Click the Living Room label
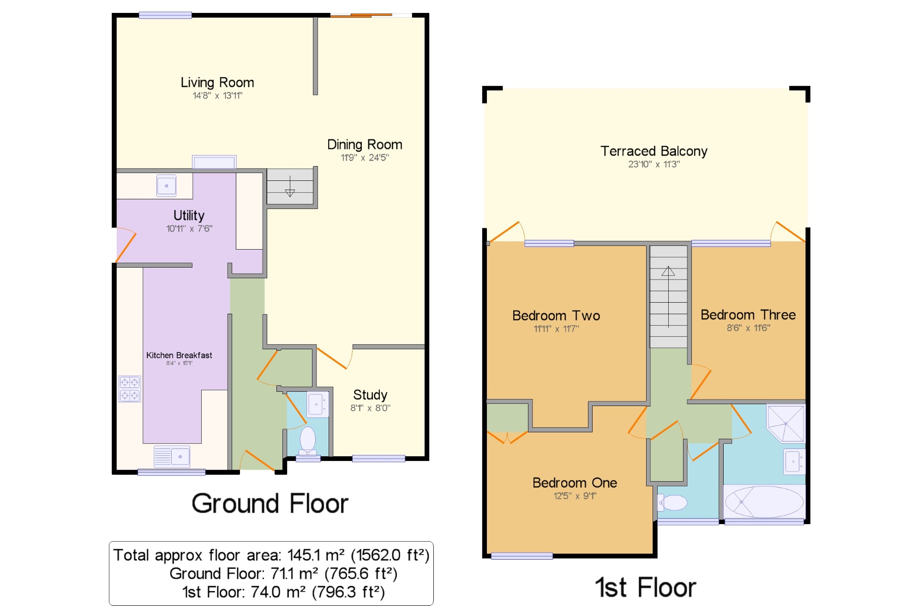pyautogui.click(x=217, y=83)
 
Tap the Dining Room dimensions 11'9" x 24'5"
pyautogui.click(x=365, y=158)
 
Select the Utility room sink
pyautogui.click(x=166, y=185)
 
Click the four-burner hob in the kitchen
pyautogui.click(x=130, y=389)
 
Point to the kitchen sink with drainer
pyautogui.click(x=172, y=457)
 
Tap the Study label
pyautogui.click(x=370, y=395)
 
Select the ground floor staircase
pyautogui.click(x=290, y=187)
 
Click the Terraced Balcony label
pyautogui.click(x=654, y=151)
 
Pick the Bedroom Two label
pyautogui.click(x=556, y=316)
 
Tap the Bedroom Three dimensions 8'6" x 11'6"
pyautogui.click(x=748, y=328)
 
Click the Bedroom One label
pyautogui.click(x=575, y=483)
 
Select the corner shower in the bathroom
pyautogui.click(x=785, y=423)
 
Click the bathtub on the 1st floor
pyautogui.click(x=764, y=502)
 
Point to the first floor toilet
pyautogui.click(x=672, y=502)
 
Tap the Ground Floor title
pyautogui.click(x=270, y=503)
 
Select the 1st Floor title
pyautogui.click(x=645, y=588)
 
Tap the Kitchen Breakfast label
pyautogui.click(x=179, y=355)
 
